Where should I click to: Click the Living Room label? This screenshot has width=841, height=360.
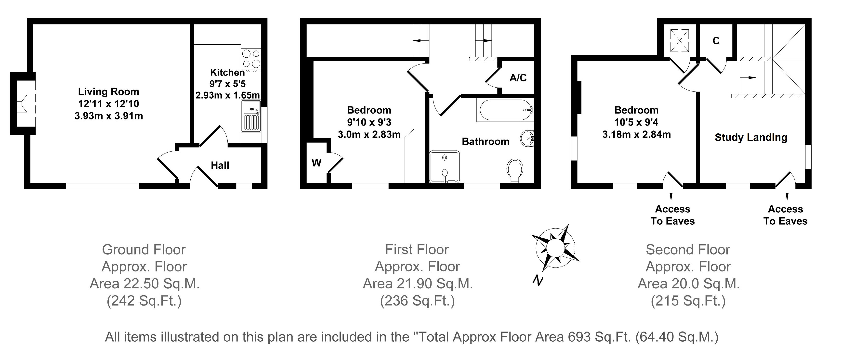(108, 92)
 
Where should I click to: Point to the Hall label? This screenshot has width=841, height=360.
(220, 166)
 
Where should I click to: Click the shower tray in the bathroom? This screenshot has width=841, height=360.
(444, 167)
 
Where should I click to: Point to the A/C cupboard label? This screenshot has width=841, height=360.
(518, 78)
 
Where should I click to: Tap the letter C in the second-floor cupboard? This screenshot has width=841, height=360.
(716, 41)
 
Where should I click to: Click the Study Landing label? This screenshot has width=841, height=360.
(751, 137)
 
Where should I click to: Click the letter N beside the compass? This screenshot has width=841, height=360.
(537, 280)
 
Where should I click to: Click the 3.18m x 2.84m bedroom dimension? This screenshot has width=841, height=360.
(636, 134)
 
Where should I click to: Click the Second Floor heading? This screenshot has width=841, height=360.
(688, 250)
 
